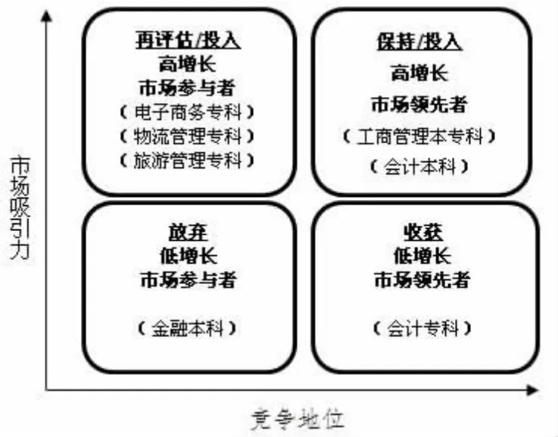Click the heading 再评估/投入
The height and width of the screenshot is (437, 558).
tap(188, 40)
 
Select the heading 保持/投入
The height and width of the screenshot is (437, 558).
tap(419, 42)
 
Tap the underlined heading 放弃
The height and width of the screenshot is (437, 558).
tap(188, 233)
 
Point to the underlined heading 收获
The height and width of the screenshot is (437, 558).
tap(423, 233)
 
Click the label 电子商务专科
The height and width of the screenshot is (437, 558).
tap(188, 112)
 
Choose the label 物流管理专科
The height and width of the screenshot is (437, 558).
tap(188, 136)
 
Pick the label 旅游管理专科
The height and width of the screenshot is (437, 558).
tap(188, 160)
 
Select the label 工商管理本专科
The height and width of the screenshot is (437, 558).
tap(419, 136)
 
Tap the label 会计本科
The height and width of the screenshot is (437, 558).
tap(419, 166)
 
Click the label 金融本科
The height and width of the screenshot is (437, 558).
tap(187, 328)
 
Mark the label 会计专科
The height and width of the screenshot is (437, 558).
tap(422, 328)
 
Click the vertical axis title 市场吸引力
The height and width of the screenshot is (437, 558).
tap(20, 208)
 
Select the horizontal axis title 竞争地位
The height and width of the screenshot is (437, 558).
tap(298, 420)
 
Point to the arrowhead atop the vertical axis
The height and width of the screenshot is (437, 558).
tap(47, 16)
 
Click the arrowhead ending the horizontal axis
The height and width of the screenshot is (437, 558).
tap(532, 390)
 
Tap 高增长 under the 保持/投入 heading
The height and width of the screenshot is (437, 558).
tap(419, 73)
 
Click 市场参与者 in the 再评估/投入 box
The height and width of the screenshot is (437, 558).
tap(187, 88)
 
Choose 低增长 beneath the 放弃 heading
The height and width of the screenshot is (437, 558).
tap(189, 256)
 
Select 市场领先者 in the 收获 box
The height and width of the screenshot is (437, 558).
tap(422, 279)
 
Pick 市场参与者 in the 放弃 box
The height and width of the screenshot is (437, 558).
tap(189, 279)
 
